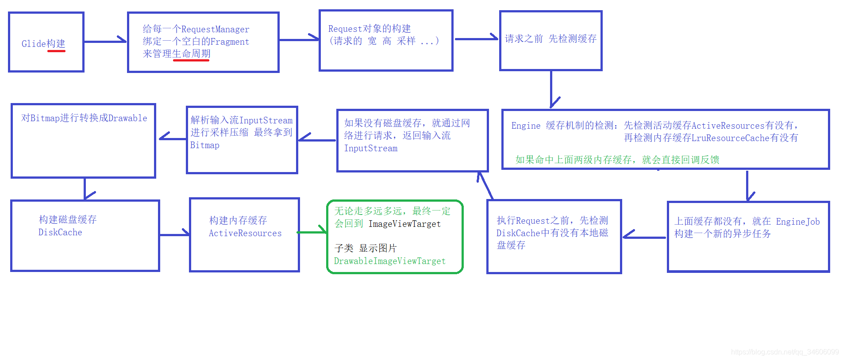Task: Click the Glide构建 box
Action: pyautogui.click(x=46, y=42)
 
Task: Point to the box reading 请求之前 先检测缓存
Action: pyautogui.click(x=550, y=40)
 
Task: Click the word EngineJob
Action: pyautogui.click(x=797, y=222)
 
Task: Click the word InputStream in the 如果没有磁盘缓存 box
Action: pyautogui.click(x=371, y=149)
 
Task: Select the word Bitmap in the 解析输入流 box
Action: pyautogui.click(x=204, y=146)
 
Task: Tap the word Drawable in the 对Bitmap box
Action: pyautogui.click(x=127, y=118)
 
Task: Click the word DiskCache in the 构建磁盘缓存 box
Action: pyautogui.click(x=60, y=233)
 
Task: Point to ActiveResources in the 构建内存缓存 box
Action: pyautogui.click(x=245, y=234)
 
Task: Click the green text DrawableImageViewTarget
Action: pyautogui.click(x=389, y=261)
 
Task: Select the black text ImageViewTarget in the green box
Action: pyautogui.click(x=404, y=224)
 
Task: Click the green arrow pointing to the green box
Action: pyautogui.click(x=312, y=231)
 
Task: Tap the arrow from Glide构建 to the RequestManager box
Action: pyautogui.click(x=105, y=41)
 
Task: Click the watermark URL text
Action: pyautogui.click(x=785, y=352)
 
